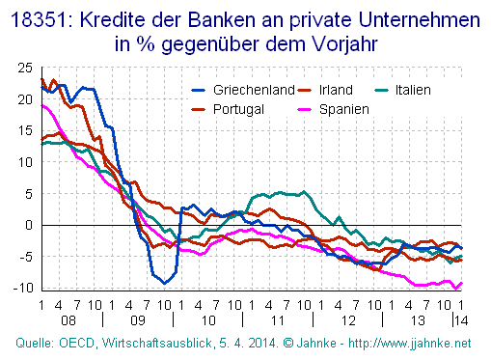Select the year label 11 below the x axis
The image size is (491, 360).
click(277, 318)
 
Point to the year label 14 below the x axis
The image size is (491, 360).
click(462, 318)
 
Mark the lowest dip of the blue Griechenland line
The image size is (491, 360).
click(165, 283)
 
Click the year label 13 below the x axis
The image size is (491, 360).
click(417, 318)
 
